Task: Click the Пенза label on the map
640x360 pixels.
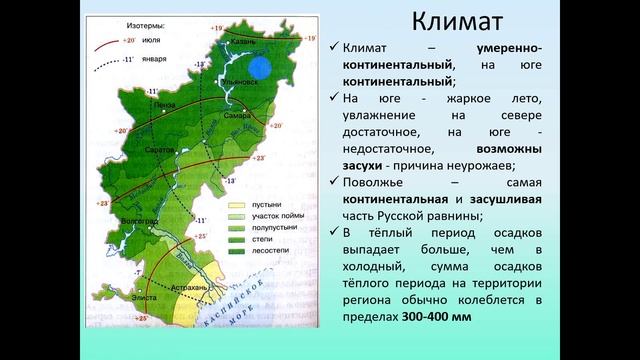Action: pyautogui.click(x=152, y=103)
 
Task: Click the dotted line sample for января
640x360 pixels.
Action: pyautogui.click(x=110, y=60)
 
